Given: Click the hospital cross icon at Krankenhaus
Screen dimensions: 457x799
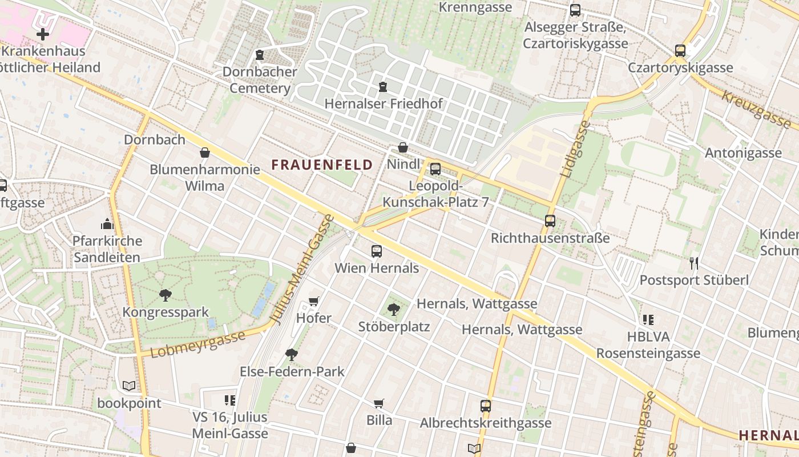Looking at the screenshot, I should (42, 34).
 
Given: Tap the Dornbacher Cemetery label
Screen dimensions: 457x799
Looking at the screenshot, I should (260, 80).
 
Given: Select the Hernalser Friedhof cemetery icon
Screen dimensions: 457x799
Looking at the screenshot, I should (382, 87).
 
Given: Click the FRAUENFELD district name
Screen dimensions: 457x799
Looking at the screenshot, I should (322, 165).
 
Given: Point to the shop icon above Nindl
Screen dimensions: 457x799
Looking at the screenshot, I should (403, 147).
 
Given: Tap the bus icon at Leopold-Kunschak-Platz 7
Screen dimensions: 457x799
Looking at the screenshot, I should (435, 169).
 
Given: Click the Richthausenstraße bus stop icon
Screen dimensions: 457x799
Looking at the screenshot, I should (550, 221).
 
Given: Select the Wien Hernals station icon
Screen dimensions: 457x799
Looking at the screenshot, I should (377, 251).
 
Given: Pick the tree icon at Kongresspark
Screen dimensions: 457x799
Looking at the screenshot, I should (166, 295).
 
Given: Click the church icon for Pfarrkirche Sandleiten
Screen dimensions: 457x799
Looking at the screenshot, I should (107, 223).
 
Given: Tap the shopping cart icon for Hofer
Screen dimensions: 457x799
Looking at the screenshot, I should (313, 301).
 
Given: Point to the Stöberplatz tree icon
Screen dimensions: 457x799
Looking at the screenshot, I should (393, 310).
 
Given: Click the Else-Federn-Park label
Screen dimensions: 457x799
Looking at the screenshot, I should (292, 371).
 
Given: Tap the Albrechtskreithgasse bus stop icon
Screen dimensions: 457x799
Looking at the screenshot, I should (486, 406).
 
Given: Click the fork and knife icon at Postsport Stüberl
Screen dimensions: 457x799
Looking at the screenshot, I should (694, 263).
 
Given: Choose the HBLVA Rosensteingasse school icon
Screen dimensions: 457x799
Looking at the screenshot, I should (648, 319).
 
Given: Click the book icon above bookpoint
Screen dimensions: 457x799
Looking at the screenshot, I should (129, 386).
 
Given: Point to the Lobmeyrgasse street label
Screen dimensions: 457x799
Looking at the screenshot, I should (199, 343).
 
